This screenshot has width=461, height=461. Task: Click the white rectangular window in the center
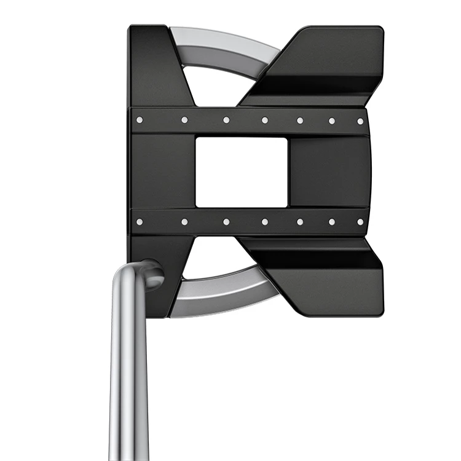[x=241, y=172]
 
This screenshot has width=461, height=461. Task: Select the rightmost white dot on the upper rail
[x=360, y=120]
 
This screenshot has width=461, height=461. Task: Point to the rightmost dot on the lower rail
[x=360, y=221]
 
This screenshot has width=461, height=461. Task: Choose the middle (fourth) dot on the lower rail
[x=264, y=221]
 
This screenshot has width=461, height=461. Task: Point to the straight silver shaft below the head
[x=129, y=381]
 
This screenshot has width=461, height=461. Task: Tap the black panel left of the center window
[x=163, y=172]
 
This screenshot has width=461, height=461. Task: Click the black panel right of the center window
[x=329, y=172]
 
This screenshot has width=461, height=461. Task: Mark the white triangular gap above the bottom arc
[x=218, y=258]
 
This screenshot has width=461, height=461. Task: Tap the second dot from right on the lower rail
[x=331, y=221]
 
